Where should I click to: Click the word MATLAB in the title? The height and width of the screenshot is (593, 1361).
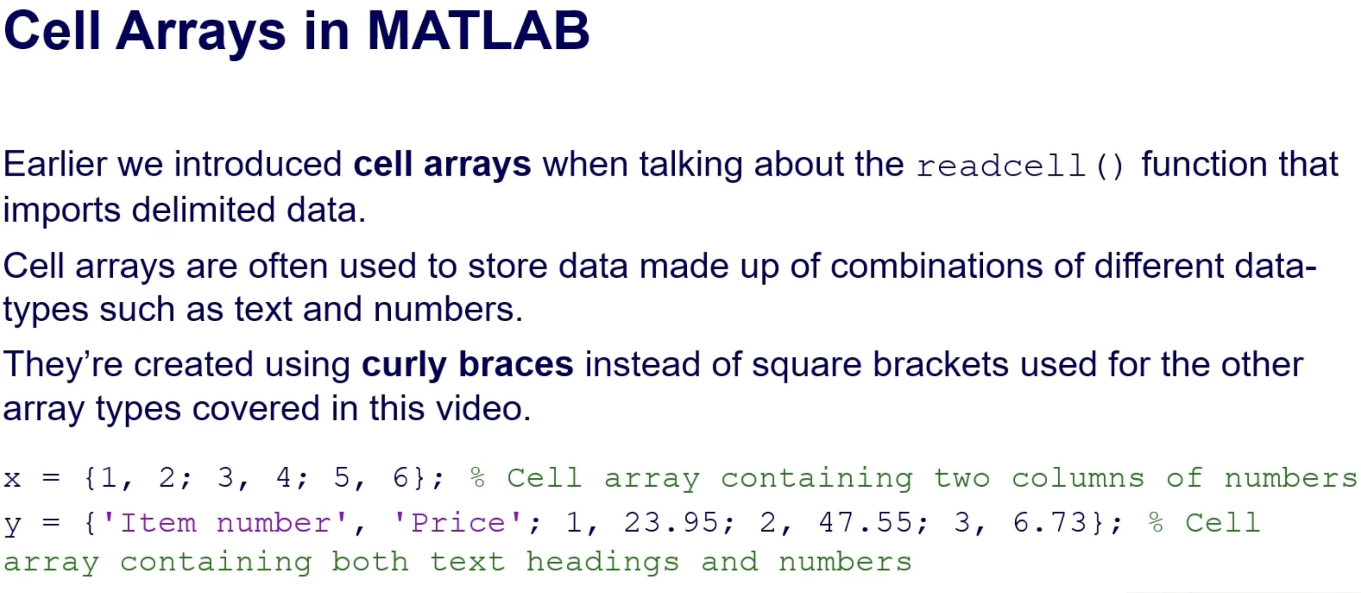(x=478, y=30)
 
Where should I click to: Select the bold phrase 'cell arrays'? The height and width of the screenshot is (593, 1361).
(x=442, y=164)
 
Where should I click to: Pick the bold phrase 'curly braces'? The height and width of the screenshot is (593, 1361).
(x=468, y=365)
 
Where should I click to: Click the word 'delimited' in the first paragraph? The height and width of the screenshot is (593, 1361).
(x=204, y=209)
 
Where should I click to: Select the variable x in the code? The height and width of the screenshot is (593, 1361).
(x=12, y=479)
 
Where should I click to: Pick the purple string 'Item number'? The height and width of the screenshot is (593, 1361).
(x=224, y=523)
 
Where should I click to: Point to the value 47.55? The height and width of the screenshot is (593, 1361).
(x=865, y=523)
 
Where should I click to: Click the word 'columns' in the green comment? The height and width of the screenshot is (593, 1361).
(x=1078, y=478)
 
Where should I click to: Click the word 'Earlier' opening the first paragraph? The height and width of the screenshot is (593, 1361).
(x=56, y=164)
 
